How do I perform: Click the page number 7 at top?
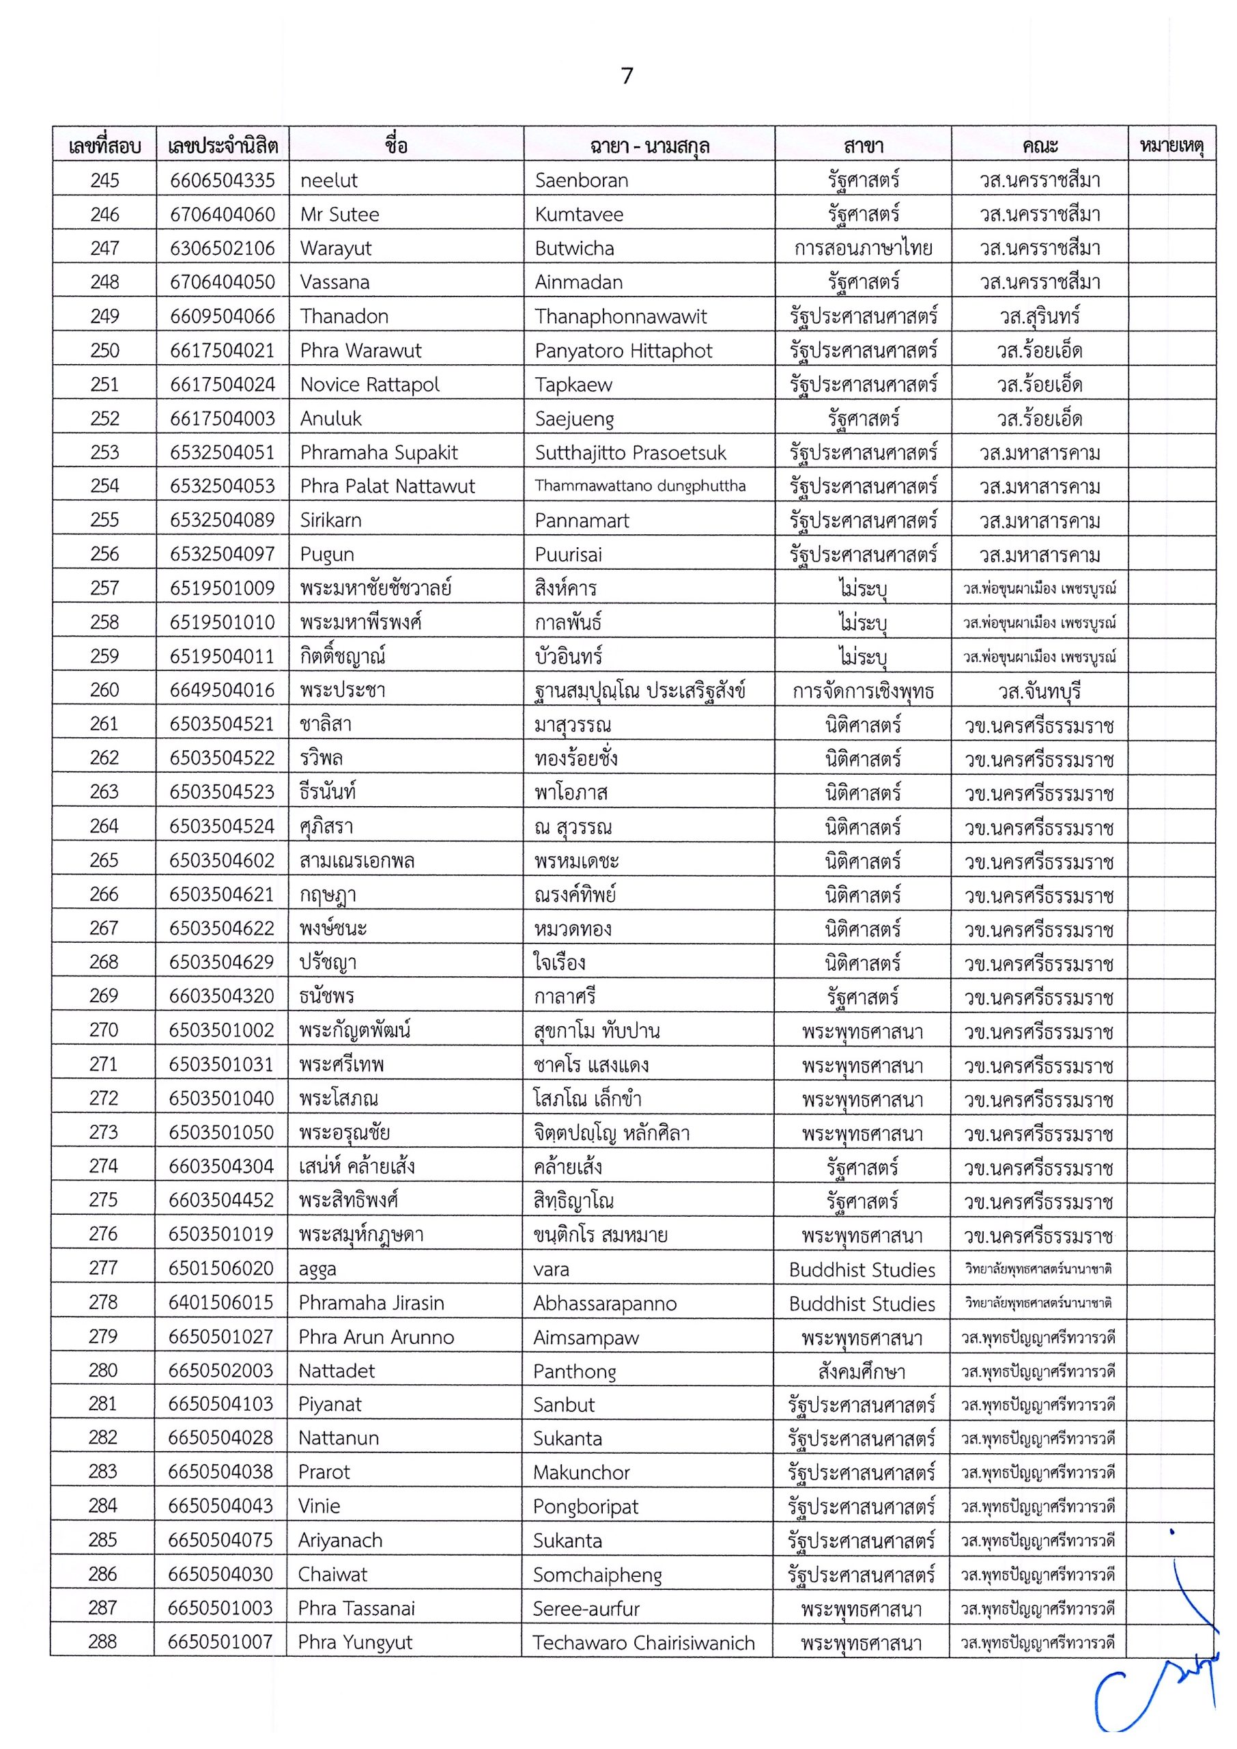coord(627,75)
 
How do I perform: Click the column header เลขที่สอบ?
coord(104,146)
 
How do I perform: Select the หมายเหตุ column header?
coord(1171,145)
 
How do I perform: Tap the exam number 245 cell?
coord(104,180)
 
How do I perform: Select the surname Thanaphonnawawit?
coord(621,316)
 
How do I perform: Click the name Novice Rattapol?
coord(369,385)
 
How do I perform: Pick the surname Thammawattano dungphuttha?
coord(640,486)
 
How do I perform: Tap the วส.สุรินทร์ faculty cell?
coord(1040,316)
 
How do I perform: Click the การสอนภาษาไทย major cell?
coord(863,249)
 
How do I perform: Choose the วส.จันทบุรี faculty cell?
coord(1040,691)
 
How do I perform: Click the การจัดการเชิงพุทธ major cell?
coord(863,691)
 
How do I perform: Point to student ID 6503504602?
coord(222,860)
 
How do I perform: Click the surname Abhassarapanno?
coord(605,1303)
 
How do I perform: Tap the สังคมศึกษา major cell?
coord(862,1372)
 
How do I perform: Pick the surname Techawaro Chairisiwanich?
coord(644,1642)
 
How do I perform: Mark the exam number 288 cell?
coord(103,1642)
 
